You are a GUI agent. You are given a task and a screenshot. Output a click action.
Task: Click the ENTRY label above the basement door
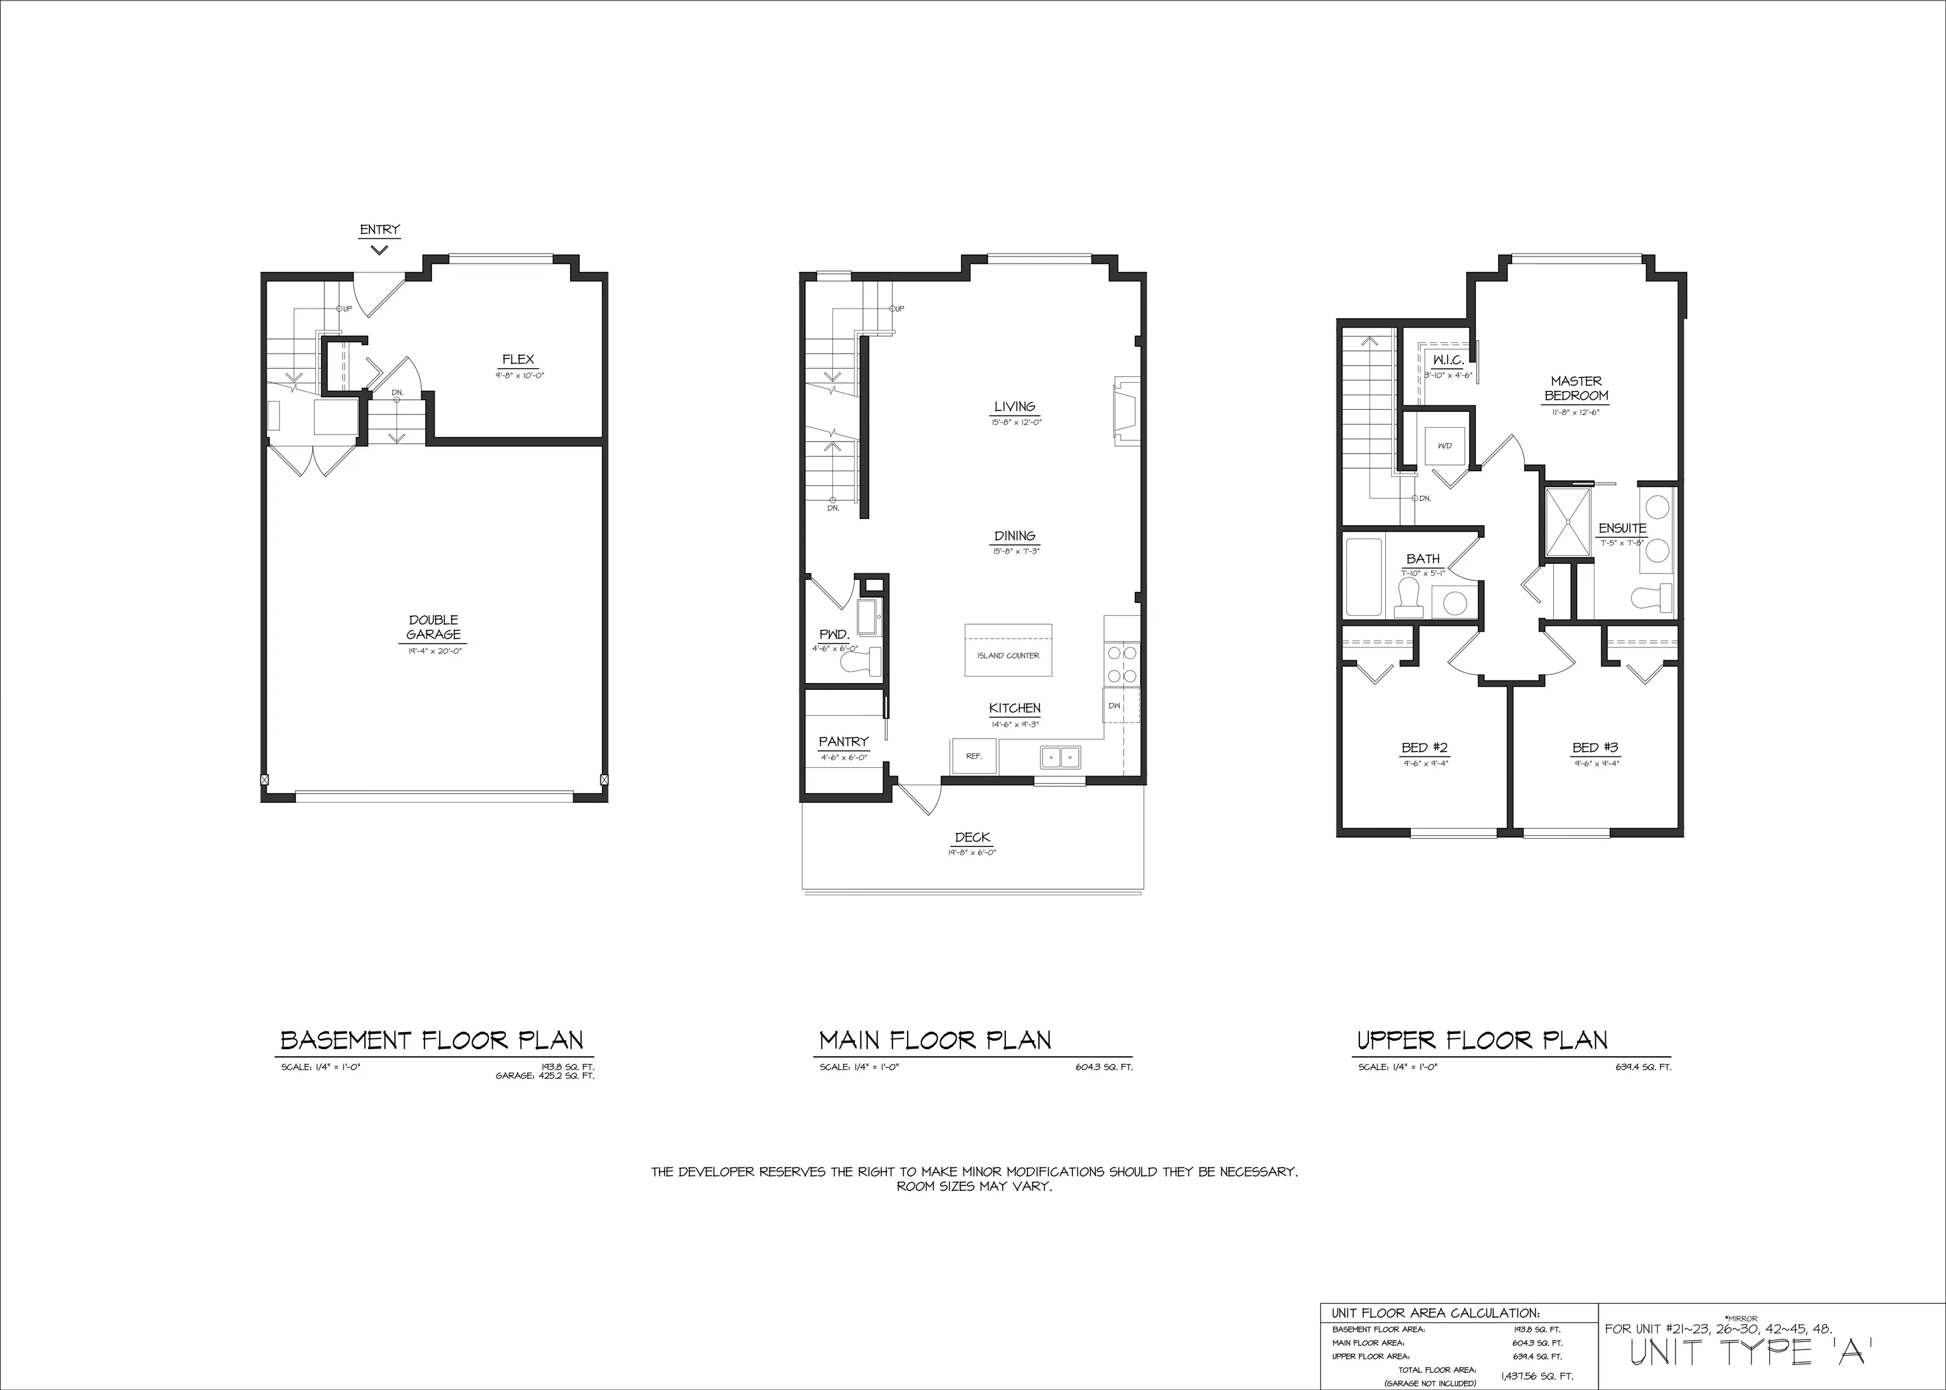379,229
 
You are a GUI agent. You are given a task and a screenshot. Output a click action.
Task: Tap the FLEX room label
518,359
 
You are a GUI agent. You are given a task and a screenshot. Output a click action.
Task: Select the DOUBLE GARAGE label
434,627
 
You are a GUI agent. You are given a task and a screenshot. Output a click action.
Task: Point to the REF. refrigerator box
974,756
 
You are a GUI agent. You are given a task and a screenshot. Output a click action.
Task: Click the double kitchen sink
1061,756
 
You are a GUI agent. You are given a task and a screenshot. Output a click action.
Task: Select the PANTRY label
843,741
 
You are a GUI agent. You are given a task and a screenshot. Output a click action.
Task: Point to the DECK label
972,837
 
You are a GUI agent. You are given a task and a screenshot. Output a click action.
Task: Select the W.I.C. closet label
1448,360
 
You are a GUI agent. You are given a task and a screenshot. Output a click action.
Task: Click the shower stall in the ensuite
1568,520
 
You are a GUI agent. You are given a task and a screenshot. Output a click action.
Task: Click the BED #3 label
1595,747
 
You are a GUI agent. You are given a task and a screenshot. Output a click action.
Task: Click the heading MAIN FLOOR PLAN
934,1040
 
